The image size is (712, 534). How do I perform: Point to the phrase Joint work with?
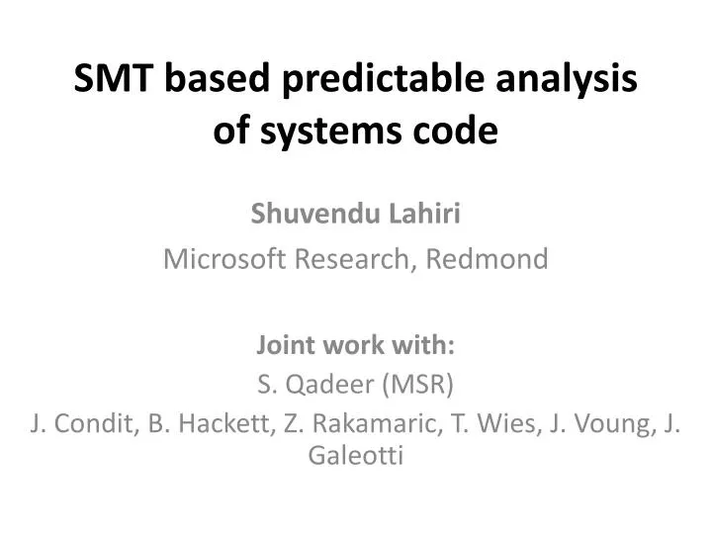[356, 346]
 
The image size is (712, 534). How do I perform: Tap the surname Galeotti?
[356, 455]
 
